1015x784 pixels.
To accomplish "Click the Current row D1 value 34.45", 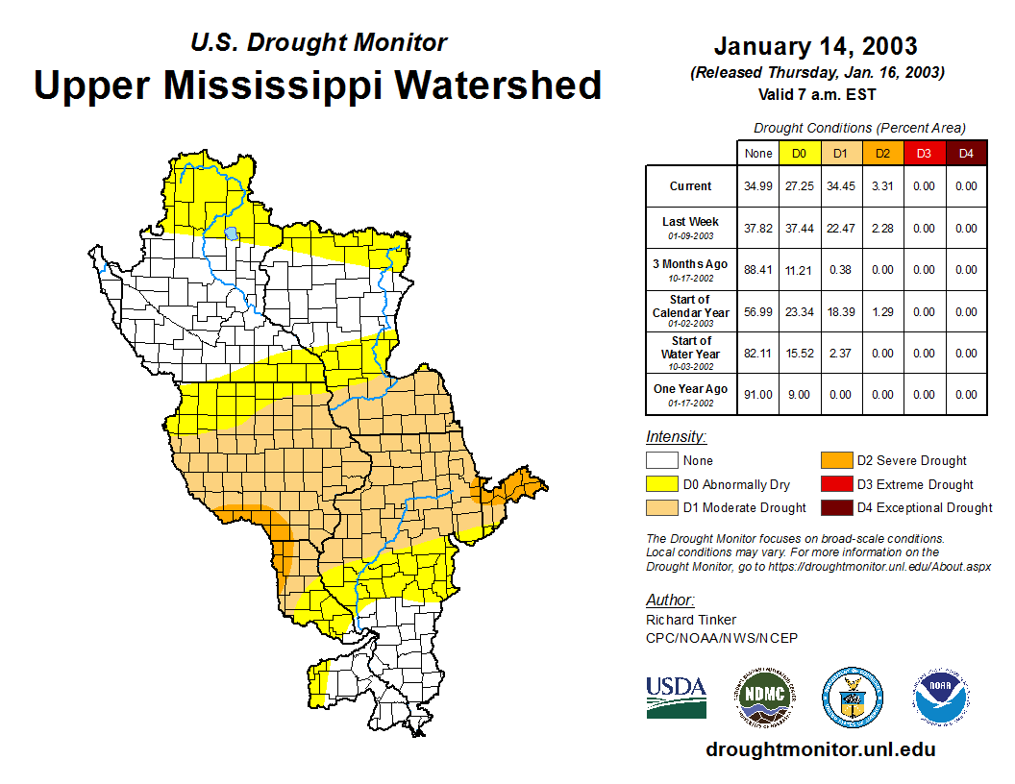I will pos(840,186).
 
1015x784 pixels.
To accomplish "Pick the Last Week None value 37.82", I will pos(758,229).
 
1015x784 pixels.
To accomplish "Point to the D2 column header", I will pos(881,154).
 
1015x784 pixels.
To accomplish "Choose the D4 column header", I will pos(965,154).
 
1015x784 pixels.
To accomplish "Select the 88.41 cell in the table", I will pos(758,270).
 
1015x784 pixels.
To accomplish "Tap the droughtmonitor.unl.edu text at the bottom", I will pos(820,749).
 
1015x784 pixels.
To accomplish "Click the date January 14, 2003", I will pos(815,46).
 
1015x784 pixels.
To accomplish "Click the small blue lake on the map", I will pos(231,233).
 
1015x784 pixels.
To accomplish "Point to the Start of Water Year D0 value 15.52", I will pos(799,354).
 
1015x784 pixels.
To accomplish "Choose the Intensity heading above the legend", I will pos(676,437).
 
